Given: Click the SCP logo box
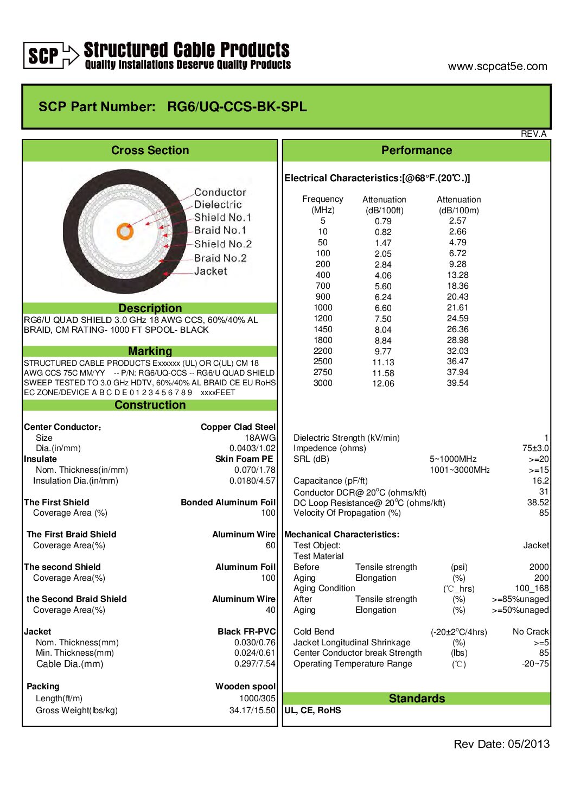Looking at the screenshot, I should pos(43,55).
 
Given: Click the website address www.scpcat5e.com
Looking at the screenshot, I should pos(497,66).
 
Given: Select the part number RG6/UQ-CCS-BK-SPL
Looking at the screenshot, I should pos(237,106).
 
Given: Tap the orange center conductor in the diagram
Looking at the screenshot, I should pos(125,231).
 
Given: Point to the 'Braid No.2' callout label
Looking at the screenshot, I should pos(220,258).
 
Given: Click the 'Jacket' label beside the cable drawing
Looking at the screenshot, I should pos(211,271).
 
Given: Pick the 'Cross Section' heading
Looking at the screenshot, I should pos(150,150).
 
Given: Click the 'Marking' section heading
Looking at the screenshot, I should pos(150,351).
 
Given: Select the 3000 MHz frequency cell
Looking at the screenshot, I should pos(323,383).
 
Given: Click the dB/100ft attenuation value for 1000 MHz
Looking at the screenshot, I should pos(383,308).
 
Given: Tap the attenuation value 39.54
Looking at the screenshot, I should pos(457,383).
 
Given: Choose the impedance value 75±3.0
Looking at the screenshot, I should pos(535,448).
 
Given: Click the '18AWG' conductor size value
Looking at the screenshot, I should pos(260,437).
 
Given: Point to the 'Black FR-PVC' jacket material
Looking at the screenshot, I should pos(246,631).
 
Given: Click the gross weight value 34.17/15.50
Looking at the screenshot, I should pos(252,710).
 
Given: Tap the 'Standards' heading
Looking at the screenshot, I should pos(417,699).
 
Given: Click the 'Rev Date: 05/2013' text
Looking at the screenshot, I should pos(501,744).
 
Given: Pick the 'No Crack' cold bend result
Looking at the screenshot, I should pos(531,631).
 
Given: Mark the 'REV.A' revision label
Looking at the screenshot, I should pos(533,134).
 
